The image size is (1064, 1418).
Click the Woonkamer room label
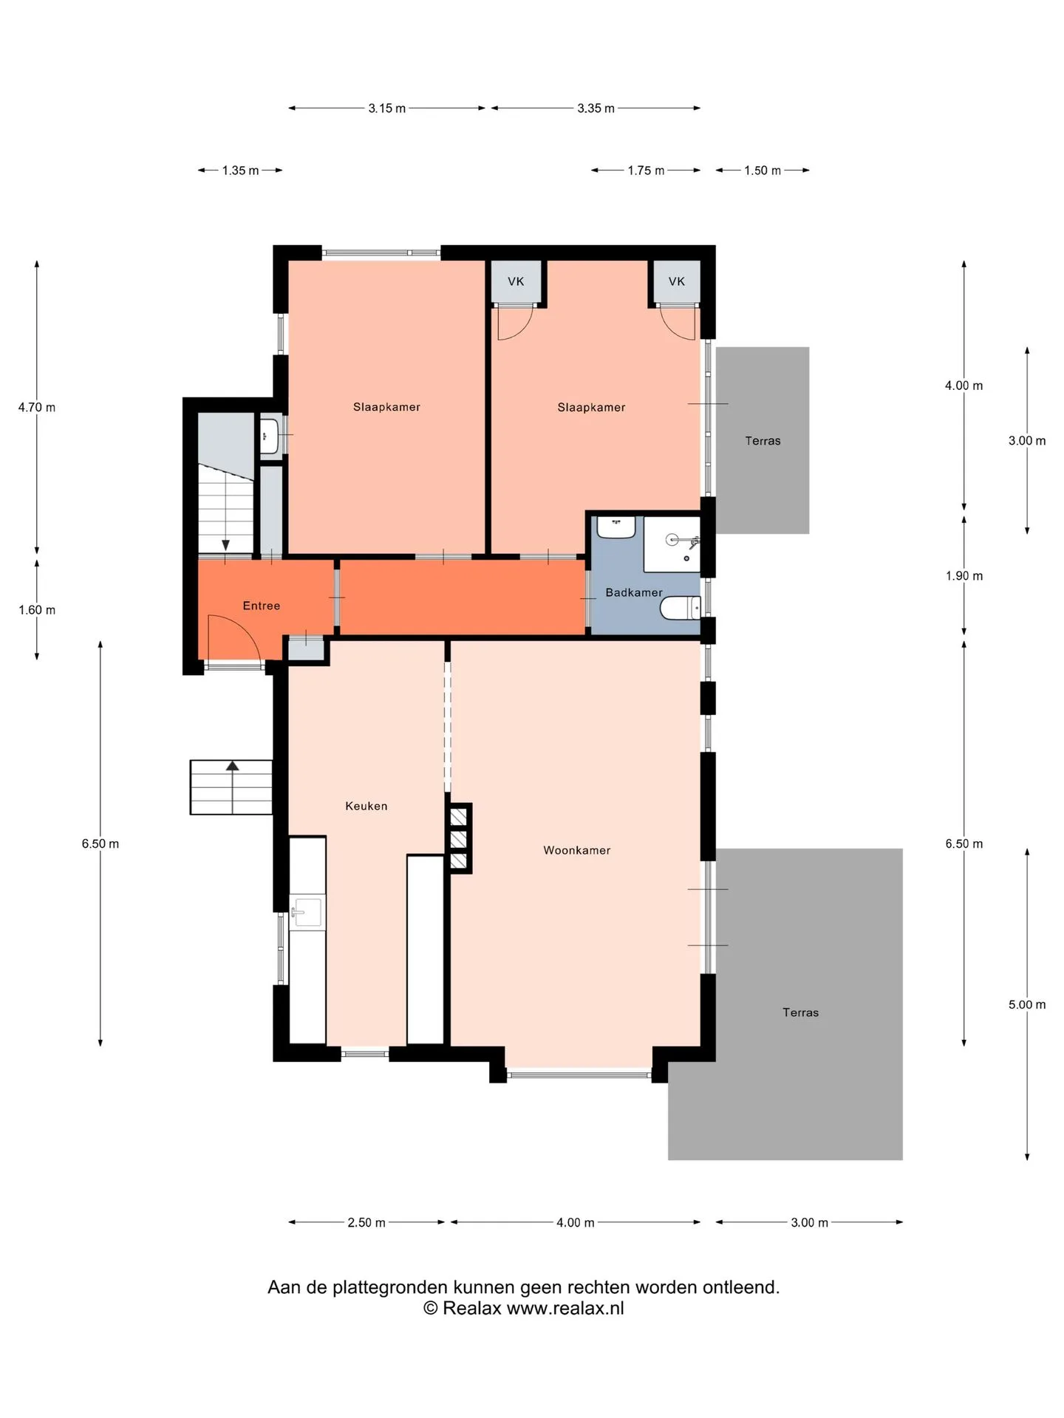click(577, 850)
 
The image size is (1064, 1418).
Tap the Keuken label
click(366, 806)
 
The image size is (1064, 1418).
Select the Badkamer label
click(634, 592)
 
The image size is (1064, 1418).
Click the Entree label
click(262, 606)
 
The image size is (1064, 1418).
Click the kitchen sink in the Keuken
click(307, 913)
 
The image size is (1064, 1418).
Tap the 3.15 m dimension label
click(387, 109)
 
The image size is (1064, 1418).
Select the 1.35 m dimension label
click(241, 171)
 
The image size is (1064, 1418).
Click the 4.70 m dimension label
click(37, 407)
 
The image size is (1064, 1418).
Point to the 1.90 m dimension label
click(964, 576)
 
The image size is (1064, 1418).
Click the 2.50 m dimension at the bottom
click(366, 1222)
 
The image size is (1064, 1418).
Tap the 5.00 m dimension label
click(1027, 1004)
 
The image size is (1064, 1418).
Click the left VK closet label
click(516, 281)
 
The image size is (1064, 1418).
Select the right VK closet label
click(677, 281)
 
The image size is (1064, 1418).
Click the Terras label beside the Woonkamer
click(801, 1013)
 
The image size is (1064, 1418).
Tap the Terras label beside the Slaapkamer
click(763, 441)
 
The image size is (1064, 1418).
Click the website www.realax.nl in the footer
click(565, 1308)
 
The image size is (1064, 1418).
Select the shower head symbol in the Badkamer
click(673, 540)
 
